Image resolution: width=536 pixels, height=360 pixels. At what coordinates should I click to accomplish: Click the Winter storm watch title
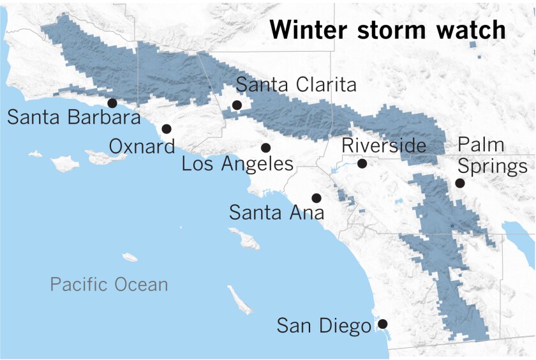[x=387, y=30]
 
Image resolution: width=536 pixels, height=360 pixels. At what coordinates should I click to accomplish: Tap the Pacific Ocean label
[x=109, y=284]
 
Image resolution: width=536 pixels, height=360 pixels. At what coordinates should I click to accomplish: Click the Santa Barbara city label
[x=73, y=118]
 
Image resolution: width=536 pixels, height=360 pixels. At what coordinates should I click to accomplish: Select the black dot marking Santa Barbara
[x=112, y=103]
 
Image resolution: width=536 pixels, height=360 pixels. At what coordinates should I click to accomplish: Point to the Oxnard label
[x=142, y=147]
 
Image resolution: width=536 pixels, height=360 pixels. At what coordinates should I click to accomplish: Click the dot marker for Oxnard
[x=167, y=128]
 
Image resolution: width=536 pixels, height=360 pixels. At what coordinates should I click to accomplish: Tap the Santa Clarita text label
[x=296, y=85]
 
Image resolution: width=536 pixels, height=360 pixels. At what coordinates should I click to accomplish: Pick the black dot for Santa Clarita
[x=237, y=105]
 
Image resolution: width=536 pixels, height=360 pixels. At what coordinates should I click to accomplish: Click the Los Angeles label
[x=237, y=164]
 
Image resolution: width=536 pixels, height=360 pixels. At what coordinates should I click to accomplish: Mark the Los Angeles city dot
[x=266, y=147]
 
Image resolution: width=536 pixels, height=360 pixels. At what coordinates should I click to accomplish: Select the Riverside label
[x=383, y=146]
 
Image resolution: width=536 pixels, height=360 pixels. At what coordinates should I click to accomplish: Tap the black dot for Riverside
[x=362, y=163]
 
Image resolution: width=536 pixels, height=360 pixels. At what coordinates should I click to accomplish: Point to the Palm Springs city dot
[x=459, y=183]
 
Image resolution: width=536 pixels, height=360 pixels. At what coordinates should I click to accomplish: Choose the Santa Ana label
[x=276, y=212]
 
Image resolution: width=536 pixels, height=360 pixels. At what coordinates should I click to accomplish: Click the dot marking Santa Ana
[x=315, y=198]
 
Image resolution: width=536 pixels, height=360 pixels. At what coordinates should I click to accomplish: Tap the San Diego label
[x=324, y=326]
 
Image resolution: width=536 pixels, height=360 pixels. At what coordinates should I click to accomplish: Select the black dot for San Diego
[x=382, y=324]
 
